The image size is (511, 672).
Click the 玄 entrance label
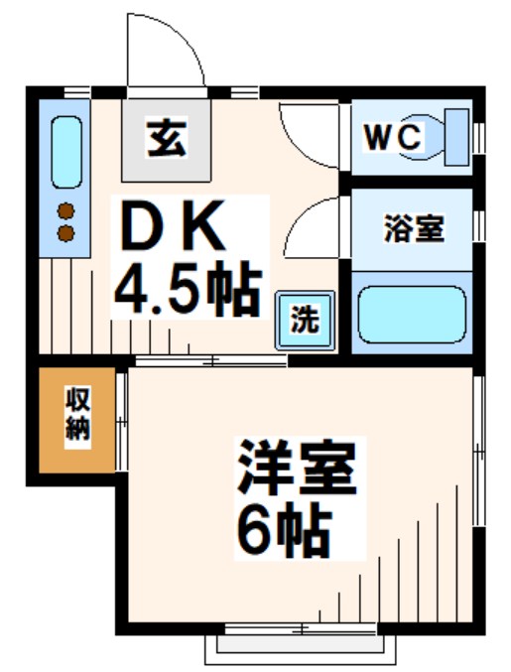[x=166, y=138]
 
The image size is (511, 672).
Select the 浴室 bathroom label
[x=413, y=229]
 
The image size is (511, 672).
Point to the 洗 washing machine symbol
[x=303, y=320]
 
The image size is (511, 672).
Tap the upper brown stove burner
[x=66, y=210]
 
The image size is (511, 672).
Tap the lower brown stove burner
[x=66, y=233]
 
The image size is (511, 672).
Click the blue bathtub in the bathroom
[x=411, y=315]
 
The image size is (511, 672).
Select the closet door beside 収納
[x=120, y=422]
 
